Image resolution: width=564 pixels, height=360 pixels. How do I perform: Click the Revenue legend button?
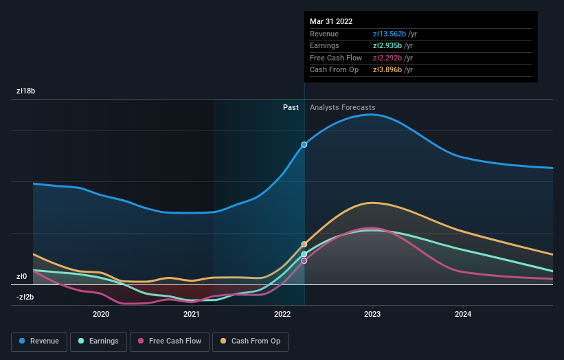pyautogui.click(x=38, y=341)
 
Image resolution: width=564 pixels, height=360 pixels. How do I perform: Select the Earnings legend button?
pyautogui.click(x=98, y=341)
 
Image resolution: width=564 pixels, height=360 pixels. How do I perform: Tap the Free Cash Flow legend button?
pyautogui.click(x=169, y=341)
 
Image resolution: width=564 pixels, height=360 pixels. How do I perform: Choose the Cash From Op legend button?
pyautogui.click(x=250, y=341)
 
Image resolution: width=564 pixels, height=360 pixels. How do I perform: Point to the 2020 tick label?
pyautogui.click(x=101, y=315)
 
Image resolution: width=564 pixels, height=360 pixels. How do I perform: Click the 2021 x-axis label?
pyautogui.click(x=192, y=315)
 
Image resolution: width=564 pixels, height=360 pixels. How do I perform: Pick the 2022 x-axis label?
pyautogui.click(x=282, y=315)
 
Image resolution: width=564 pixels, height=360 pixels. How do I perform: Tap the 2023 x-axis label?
pyautogui.click(x=373, y=315)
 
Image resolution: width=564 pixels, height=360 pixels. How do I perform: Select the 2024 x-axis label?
pyautogui.click(x=464, y=315)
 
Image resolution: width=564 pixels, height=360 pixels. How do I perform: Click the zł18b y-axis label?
pyautogui.click(x=26, y=91)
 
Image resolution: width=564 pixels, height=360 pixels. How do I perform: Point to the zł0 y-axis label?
pyautogui.click(x=22, y=277)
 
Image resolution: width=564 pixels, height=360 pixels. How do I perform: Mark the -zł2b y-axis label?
pyautogui.click(x=25, y=297)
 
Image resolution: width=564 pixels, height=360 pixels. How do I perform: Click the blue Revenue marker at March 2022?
pyautogui.click(x=304, y=145)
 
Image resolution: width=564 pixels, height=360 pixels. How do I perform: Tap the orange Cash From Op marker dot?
pyautogui.click(x=304, y=245)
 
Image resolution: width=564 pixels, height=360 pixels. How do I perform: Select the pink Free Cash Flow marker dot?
pyautogui.click(x=304, y=260)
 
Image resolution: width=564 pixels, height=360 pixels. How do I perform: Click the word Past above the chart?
pyautogui.click(x=291, y=107)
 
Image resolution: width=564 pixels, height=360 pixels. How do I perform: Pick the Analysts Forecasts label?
pyautogui.click(x=343, y=107)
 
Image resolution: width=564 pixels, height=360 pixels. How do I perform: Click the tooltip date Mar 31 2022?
pyautogui.click(x=331, y=21)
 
